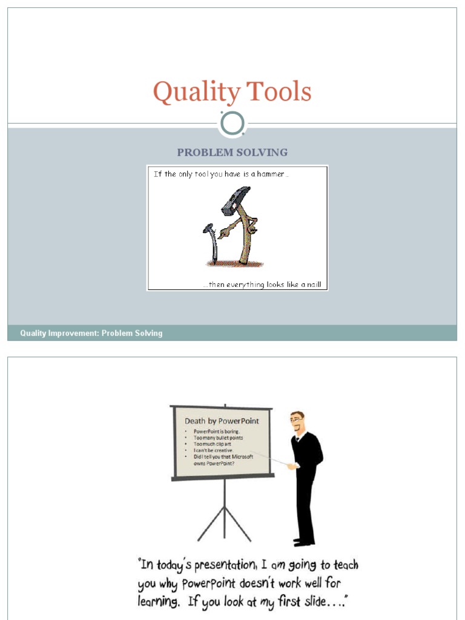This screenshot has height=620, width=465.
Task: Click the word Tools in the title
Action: point(279,93)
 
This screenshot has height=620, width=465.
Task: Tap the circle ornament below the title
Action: point(232,124)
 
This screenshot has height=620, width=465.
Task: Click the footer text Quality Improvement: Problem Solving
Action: point(91,333)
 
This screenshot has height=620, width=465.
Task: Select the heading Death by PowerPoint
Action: point(222,421)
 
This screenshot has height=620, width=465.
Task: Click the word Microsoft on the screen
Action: point(242,457)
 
